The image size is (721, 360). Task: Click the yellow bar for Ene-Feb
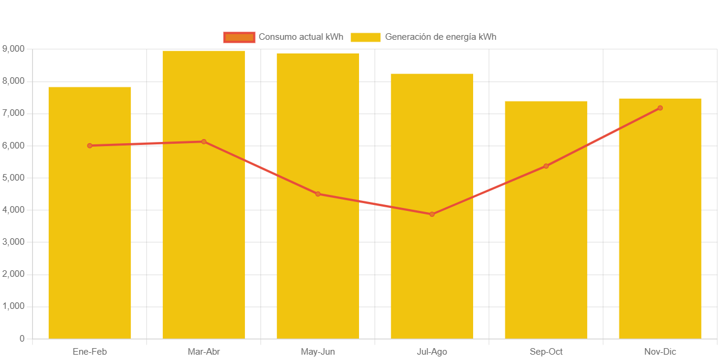pos(90,238)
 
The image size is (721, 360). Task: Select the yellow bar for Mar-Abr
pos(204,238)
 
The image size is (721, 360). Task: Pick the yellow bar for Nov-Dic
pos(660,238)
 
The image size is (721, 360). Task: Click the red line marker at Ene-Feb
pos(90,146)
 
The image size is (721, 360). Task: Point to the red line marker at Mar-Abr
pos(204,141)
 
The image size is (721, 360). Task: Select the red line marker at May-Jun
pos(318,194)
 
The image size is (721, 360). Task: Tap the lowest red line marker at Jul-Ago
pos(432,214)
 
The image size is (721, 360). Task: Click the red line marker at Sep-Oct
pos(546,166)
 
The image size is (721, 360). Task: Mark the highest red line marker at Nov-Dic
pos(660,108)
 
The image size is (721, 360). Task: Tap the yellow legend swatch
pos(366,37)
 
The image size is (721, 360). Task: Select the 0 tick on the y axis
pos(22,339)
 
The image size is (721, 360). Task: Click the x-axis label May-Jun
pos(318,352)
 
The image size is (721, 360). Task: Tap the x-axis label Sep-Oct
pos(546,352)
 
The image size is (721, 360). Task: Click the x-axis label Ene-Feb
pos(90,352)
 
